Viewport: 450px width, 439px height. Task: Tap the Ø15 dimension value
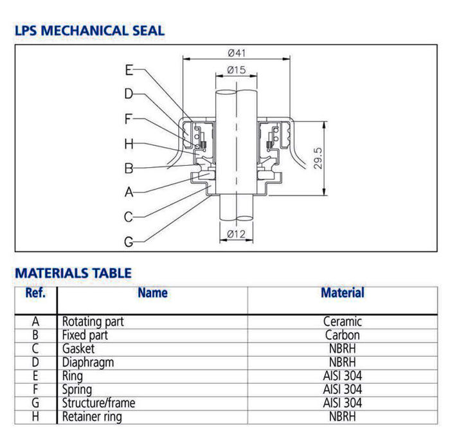click(x=237, y=70)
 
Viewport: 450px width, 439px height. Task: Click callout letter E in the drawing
click(x=129, y=70)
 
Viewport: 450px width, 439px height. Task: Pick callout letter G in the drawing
click(x=129, y=242)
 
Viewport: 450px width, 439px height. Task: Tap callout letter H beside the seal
click(x=129, y=143)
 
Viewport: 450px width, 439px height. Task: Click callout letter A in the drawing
click(x=129, y=192)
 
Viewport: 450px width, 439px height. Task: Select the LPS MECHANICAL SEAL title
click(x=89, y=30)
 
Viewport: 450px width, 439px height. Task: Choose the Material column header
click(x=342, y=293)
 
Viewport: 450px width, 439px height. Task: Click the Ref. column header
click(x=35, y=293)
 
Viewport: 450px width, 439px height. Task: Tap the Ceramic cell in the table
click(x=342, y=321)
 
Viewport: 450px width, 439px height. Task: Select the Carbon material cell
click(x=342, y=335)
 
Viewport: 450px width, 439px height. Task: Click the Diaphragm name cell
click(x=87, y=363)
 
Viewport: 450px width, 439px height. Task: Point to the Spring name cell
click(x=76, y=390)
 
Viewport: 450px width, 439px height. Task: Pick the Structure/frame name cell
click(x=98, y=403)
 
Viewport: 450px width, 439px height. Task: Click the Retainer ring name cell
click(x=91, y=417)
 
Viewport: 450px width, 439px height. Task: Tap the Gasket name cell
click(x=78, y=348)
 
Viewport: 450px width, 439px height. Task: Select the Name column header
click(x=152, y=293)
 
